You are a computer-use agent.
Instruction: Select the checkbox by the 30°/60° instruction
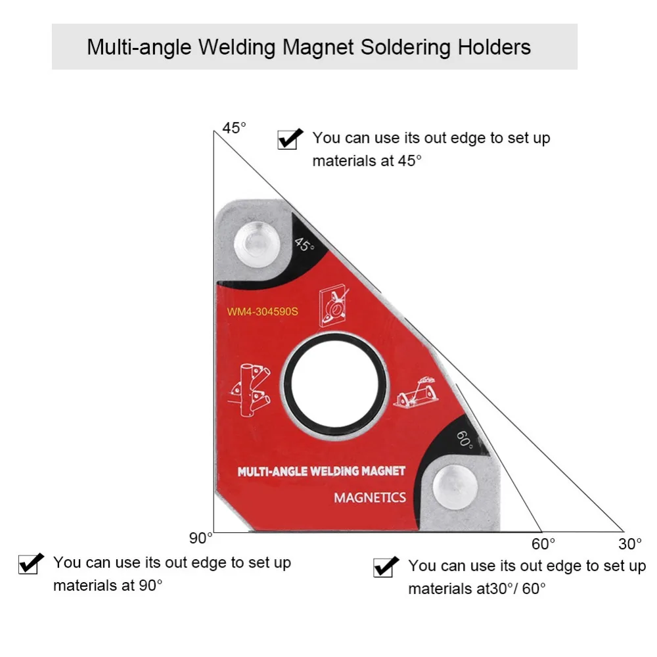click(385, 566)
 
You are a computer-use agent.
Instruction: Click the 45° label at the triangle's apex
click(234, 127)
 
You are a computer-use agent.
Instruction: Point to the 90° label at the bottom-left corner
click(201, 538)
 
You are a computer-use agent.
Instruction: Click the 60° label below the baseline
click(543, 544)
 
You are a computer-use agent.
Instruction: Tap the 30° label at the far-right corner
click(629, 544)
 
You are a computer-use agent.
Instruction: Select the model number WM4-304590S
click(263, 311)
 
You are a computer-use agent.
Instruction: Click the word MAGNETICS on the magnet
click(370, 497)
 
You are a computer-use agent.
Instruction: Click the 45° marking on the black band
click(304, 245)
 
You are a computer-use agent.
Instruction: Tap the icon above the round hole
click(334, 306)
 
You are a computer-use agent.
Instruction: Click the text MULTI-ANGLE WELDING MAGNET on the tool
click(321, 471)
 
